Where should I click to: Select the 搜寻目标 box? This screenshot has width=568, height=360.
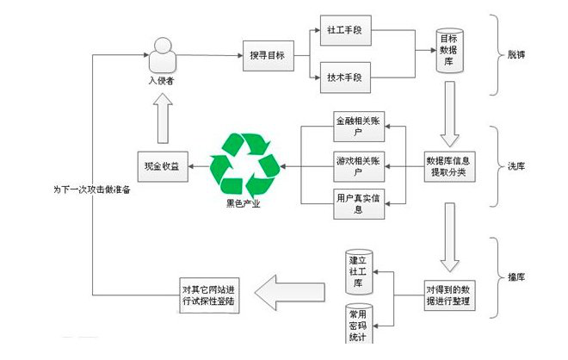[x=267, y=56]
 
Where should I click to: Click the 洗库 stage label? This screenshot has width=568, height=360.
[x=519, y=165]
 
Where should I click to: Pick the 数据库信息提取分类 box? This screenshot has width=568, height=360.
[x=448, y=165]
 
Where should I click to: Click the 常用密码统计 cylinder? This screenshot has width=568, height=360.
[x=357, y=326]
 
